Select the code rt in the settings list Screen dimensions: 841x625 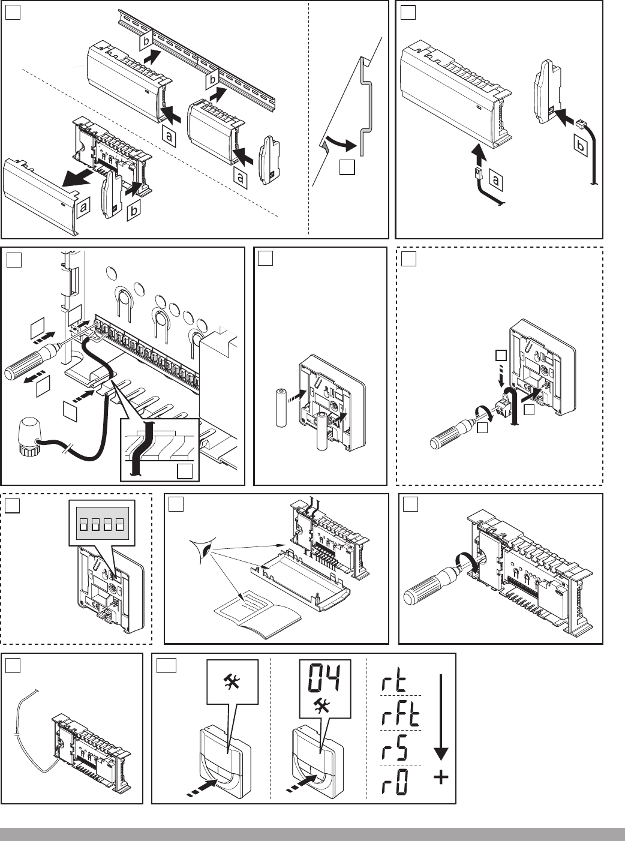(394, 683)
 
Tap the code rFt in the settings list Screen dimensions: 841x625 (400, 714)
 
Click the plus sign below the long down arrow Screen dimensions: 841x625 (441, 778)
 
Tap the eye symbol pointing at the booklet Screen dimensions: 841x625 (202, 548)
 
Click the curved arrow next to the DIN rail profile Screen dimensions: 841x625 (340, 143)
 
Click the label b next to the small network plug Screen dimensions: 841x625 (580, 145)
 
